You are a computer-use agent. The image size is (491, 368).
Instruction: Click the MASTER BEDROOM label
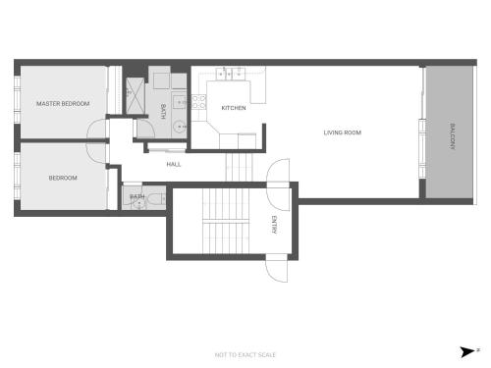click(x=63, y=104)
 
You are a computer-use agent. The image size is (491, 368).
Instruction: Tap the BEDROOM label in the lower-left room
click(x=63, y=178)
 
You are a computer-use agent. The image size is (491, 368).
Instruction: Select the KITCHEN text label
click(x=234, y=108)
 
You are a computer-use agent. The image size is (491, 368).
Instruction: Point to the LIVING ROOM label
click(x=343, y=132)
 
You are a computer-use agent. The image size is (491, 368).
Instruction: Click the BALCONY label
click(x=453, y=136)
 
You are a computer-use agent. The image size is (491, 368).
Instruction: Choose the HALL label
click(x=174, y=164)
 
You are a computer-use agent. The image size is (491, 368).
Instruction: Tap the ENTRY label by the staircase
click(x=274, y=225)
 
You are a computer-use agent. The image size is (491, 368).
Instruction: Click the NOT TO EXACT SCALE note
click(x=245, y=355)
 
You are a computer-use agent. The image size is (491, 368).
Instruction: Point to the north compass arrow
click(x=467, y=352)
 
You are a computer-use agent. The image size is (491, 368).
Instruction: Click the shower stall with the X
click(x=136, y=96)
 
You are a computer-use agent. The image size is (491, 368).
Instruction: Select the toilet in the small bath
click(x=155, y=198)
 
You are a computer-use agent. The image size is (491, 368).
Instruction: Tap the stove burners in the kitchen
click(x=198, y=102)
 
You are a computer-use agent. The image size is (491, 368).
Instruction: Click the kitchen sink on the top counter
click(x=231, y=74)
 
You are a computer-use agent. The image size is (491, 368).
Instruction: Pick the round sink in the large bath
click(x=179, y=126)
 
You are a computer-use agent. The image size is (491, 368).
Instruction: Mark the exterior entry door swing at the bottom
click(x=277, y=268)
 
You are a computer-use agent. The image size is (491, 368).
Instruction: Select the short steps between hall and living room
click(x=240, y=167)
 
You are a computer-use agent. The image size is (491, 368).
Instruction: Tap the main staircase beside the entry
click(x=226, y=221)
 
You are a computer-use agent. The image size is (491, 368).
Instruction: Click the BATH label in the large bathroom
click(x=163, y=112)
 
